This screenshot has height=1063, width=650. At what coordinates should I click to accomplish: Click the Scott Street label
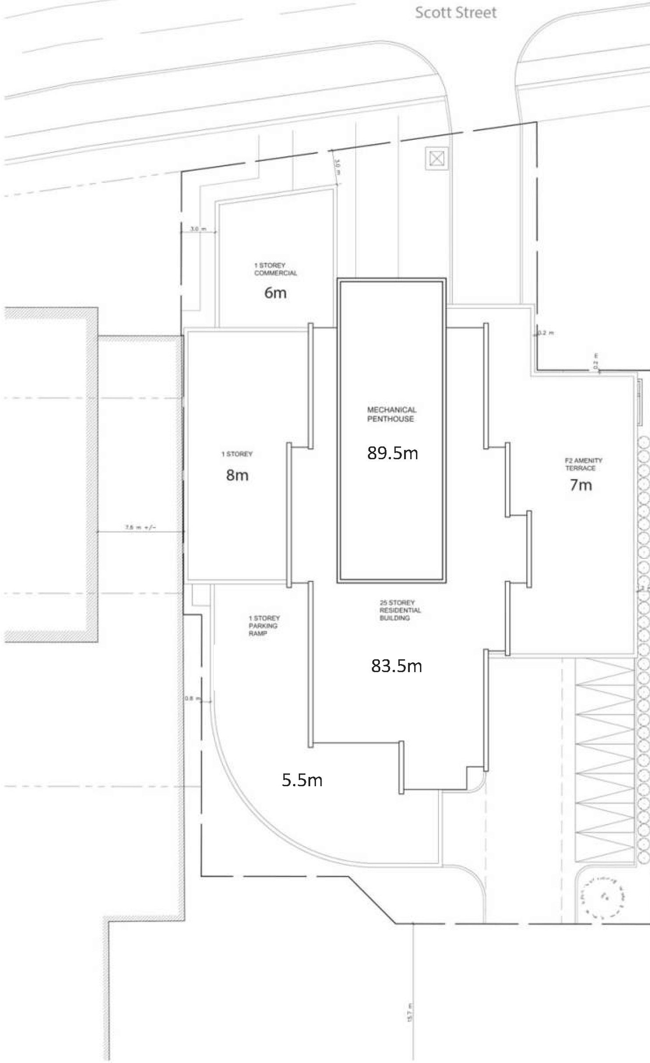[456, 13]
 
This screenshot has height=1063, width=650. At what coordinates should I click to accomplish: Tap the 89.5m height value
[393, 453]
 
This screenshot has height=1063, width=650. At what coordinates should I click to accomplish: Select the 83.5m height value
[396, 665]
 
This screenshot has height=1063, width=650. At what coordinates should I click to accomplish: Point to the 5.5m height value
[302, 780]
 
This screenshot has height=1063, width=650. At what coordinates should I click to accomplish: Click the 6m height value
[275, 293]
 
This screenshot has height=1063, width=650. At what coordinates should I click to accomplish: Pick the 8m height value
[237, 475]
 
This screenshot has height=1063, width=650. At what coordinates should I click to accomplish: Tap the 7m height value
[580, 485]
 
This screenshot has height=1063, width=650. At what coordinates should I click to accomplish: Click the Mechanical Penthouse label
[392, 414]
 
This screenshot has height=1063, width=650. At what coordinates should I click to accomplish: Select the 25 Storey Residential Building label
[400, 610]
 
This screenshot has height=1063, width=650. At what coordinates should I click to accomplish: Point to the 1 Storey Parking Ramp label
[264, 626]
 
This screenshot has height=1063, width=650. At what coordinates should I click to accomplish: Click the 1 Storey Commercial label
[275, 269]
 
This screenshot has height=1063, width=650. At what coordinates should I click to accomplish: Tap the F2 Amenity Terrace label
[583, 464]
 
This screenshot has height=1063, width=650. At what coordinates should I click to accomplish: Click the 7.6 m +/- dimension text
[141, 528]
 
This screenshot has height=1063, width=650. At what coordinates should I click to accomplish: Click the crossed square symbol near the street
[437, 159]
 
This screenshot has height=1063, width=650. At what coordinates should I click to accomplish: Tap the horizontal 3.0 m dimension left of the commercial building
[198, 229]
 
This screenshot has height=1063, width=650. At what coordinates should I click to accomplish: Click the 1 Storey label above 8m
[237, 454]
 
